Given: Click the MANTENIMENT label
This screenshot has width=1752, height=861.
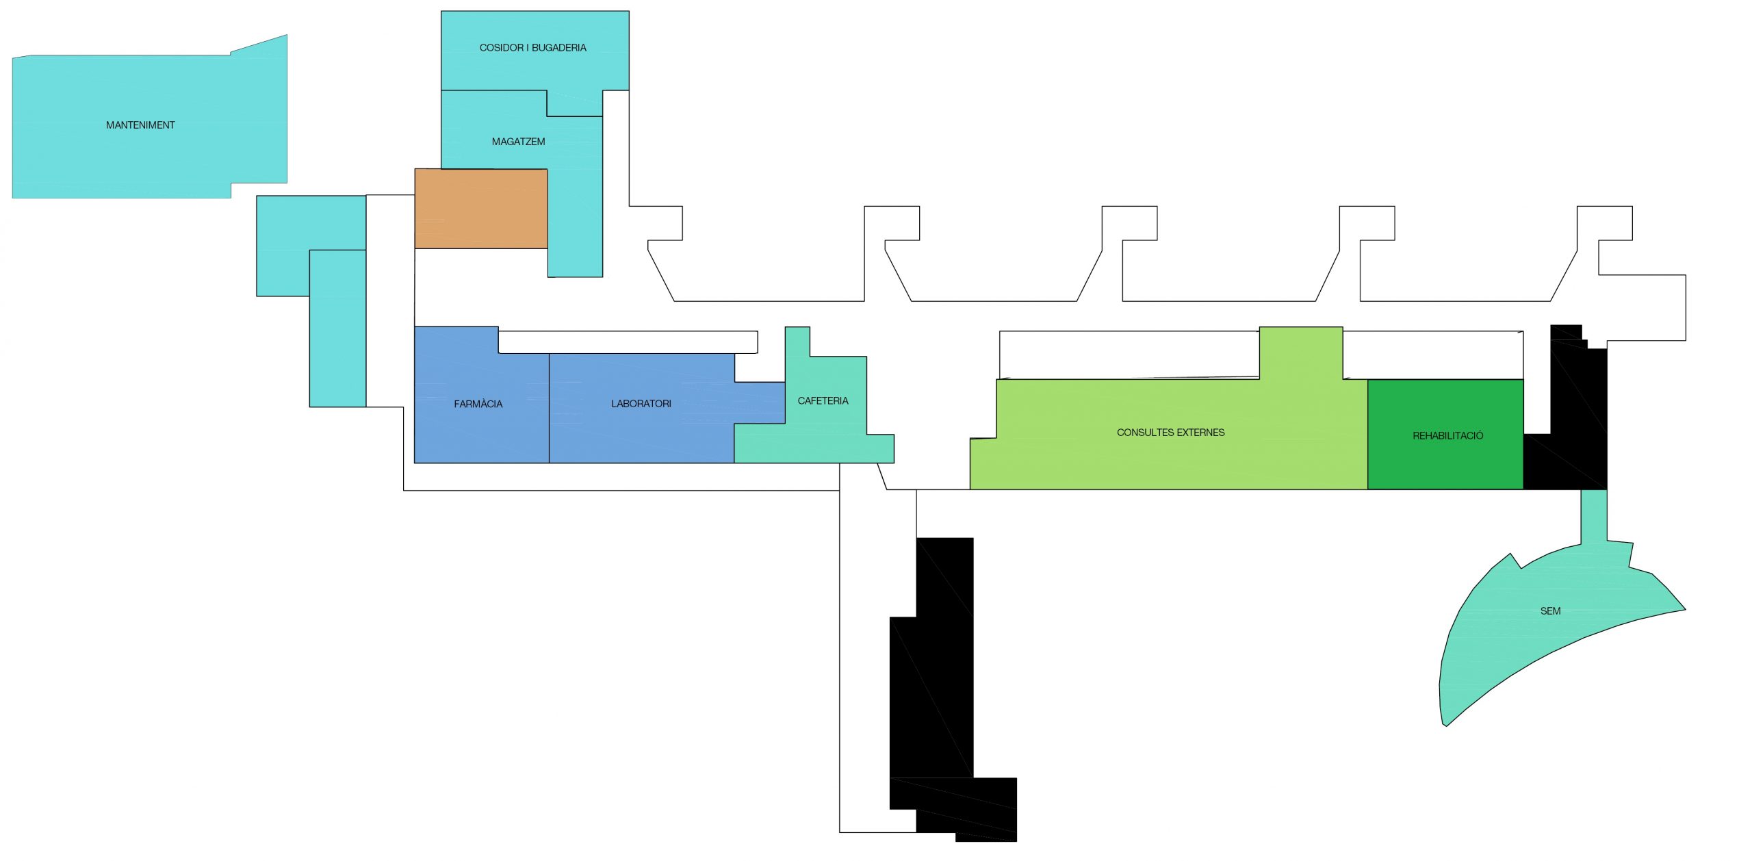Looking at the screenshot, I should tap(140, 125).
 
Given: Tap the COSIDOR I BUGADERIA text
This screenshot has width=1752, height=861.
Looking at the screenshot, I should tap(532, 48).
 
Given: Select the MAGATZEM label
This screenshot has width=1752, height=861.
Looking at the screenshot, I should tap(518, 142).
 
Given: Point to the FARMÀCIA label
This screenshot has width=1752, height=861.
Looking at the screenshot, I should tap(478, 404).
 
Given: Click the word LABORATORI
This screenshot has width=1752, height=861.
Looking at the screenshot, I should tap(641, 404).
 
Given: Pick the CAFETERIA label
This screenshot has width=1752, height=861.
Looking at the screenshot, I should tap(823, 401).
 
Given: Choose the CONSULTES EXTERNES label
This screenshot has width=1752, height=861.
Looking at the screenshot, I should tap(1170, 433).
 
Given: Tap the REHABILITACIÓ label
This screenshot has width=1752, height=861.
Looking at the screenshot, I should tap(1447, 435).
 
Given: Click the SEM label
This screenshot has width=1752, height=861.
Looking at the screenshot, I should tap(1550, 611).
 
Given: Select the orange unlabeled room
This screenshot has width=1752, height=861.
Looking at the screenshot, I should tap(480, 208).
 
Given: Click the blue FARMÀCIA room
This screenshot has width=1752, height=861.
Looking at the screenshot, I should tap(479, 431).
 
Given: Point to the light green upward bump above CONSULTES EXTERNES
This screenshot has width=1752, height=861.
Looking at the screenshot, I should tap(1300, 352).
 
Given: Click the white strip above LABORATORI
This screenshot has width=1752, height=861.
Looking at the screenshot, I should tap(628, 342).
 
